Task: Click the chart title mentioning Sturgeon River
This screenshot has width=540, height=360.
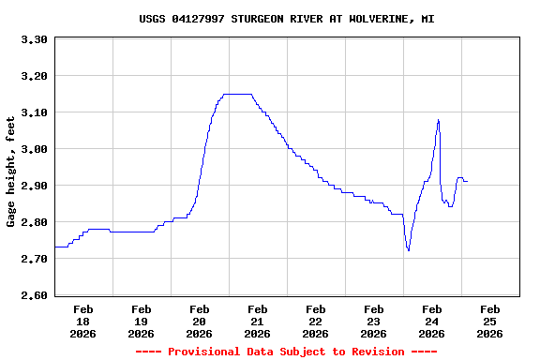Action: [286, 19]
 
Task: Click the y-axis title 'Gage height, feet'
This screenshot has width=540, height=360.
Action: [12, 172]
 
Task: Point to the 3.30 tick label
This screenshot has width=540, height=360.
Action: [34, 39]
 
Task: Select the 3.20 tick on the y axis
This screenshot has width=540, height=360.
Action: [34, 76]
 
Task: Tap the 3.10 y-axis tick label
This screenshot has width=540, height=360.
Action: [34, 112]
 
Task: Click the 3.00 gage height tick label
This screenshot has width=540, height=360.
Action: [34, 149]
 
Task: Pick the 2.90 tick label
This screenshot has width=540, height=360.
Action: [34, 186]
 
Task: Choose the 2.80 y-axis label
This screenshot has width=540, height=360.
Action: [34, 222]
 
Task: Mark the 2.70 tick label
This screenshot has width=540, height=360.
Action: [34, 259]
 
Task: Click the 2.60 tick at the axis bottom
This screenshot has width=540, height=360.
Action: [34, 295]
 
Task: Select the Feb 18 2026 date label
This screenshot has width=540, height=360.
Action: [83, 321]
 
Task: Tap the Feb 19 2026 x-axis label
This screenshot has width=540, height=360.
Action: [142, 321]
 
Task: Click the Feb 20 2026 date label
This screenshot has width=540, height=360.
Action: [200, 321]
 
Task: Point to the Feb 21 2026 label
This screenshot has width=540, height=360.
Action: [258, 321]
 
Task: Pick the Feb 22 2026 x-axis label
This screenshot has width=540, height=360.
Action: [316, 321]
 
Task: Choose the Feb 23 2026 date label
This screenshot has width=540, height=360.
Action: [374, 321]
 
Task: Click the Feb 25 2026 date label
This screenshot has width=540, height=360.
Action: [490, 321]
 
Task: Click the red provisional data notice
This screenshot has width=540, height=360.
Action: [286, 352]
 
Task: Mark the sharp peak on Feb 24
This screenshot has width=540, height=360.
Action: [438, 120]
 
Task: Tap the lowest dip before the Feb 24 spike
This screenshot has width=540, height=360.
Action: [408, 249]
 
